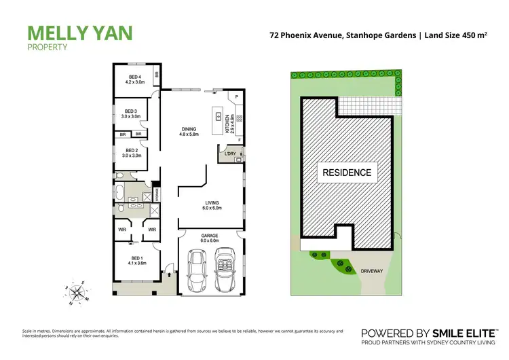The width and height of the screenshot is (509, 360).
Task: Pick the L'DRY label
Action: pos(229,154)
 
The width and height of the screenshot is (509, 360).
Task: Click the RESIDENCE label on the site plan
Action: pos(346,172)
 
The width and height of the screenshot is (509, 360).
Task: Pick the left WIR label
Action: pos(122,230)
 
